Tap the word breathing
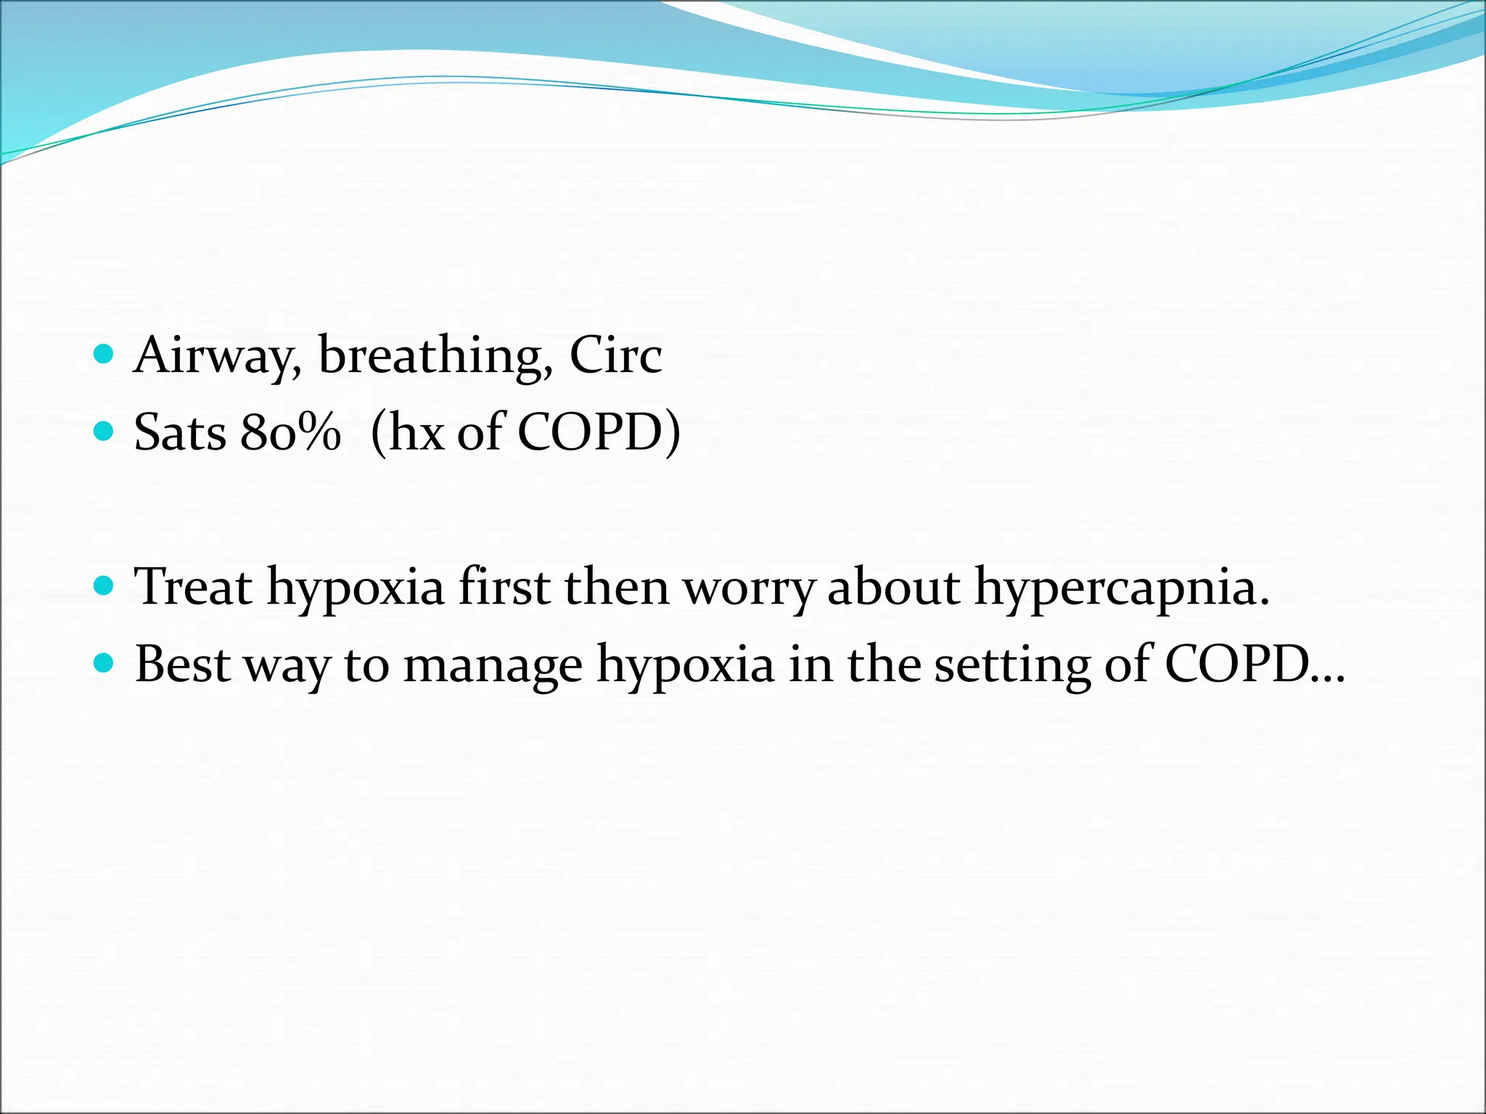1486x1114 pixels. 434,356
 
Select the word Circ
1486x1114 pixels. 615,356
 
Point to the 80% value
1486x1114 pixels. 290,433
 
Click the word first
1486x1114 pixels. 503,587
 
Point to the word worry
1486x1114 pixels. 748,587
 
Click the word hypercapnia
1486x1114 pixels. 1121,587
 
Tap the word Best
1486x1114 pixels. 182,664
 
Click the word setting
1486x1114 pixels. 1011,664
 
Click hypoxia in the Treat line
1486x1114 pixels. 355,587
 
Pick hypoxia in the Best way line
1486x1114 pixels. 685,664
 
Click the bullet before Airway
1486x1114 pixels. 104,355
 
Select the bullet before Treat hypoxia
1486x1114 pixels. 104,585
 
